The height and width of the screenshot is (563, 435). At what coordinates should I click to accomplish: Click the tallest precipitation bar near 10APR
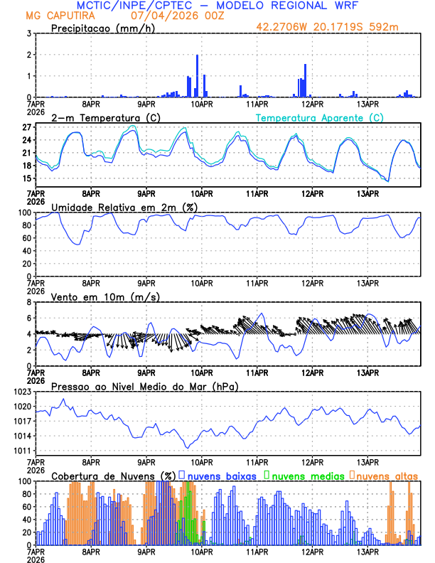pos(197,76)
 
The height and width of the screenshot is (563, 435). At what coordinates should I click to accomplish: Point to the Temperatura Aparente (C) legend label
pos(320,117)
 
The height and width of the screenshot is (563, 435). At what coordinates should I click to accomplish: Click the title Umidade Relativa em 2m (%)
pos(123,207)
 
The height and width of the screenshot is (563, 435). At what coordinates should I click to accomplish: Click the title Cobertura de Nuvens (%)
pos(114,476)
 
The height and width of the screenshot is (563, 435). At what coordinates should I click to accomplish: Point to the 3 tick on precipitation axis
pos(29,33)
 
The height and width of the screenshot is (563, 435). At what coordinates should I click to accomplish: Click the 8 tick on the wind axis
pos(29,302)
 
